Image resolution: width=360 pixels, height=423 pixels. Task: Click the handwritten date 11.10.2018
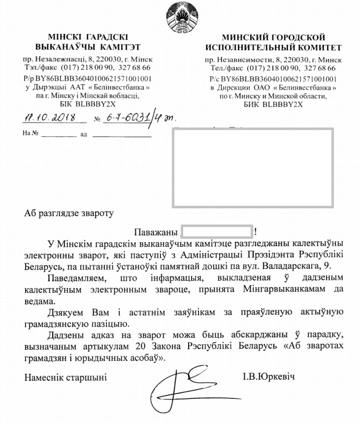50,118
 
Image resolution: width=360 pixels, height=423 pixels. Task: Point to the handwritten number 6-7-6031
125,118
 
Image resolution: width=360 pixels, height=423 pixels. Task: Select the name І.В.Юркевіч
268,376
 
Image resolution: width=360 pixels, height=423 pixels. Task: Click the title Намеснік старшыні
65,377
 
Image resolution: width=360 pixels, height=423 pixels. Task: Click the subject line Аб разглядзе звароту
69,213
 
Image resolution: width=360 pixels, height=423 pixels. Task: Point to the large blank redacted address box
253,168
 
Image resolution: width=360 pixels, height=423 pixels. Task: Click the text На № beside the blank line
30,134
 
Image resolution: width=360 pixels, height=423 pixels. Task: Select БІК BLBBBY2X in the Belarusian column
88,104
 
